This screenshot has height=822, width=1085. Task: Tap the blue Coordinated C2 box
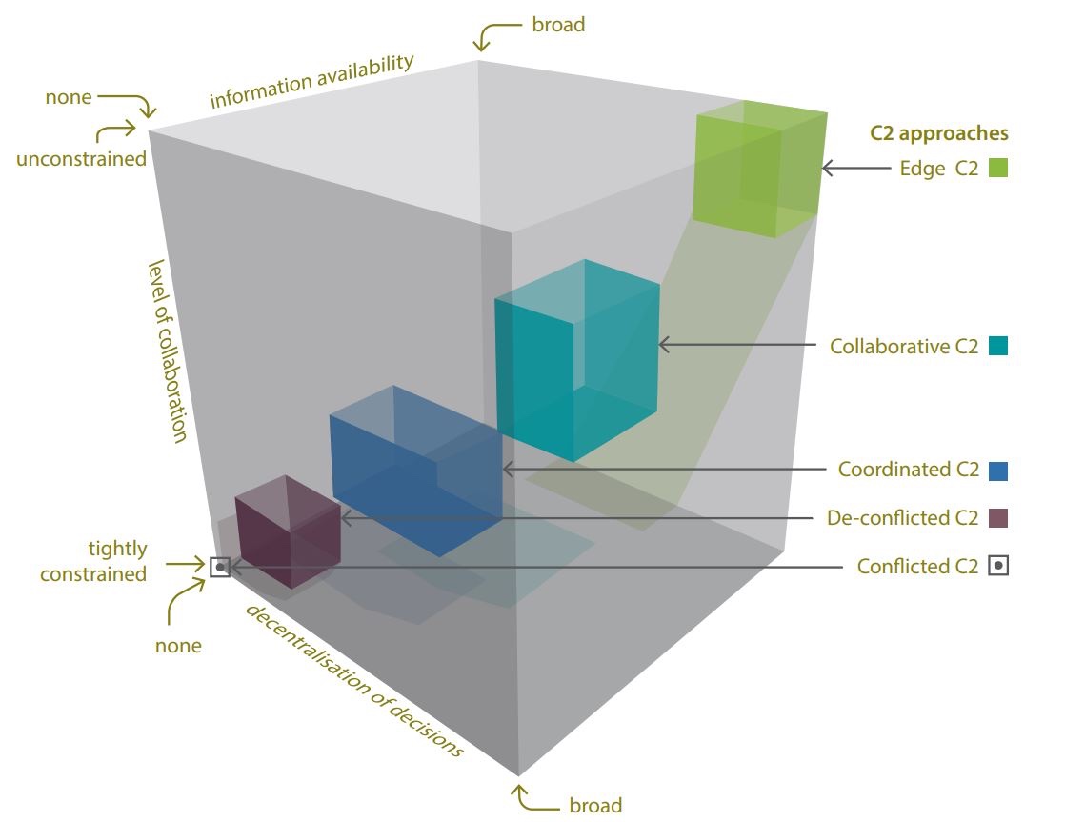[415, 471]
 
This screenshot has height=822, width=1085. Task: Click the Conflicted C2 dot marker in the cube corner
[220, 567]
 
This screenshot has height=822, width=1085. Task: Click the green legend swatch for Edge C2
[998, 169]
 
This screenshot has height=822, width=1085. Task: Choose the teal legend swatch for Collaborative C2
[998, 346]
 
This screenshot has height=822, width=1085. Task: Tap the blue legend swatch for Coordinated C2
[998, 470]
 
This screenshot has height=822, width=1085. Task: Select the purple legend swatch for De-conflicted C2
[998, 518]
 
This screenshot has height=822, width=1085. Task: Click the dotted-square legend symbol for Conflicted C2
[998, 566]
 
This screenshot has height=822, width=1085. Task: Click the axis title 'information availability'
[311, 82]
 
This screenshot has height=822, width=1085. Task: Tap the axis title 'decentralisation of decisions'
[354, 680]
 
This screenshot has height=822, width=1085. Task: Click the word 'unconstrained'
[81, 158]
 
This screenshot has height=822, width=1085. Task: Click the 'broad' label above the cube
[558, 25]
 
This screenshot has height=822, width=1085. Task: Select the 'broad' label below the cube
[595, 805]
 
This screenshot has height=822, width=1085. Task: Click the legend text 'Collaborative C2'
[903, 347]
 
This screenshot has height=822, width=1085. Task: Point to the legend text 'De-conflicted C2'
[902, 519]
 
